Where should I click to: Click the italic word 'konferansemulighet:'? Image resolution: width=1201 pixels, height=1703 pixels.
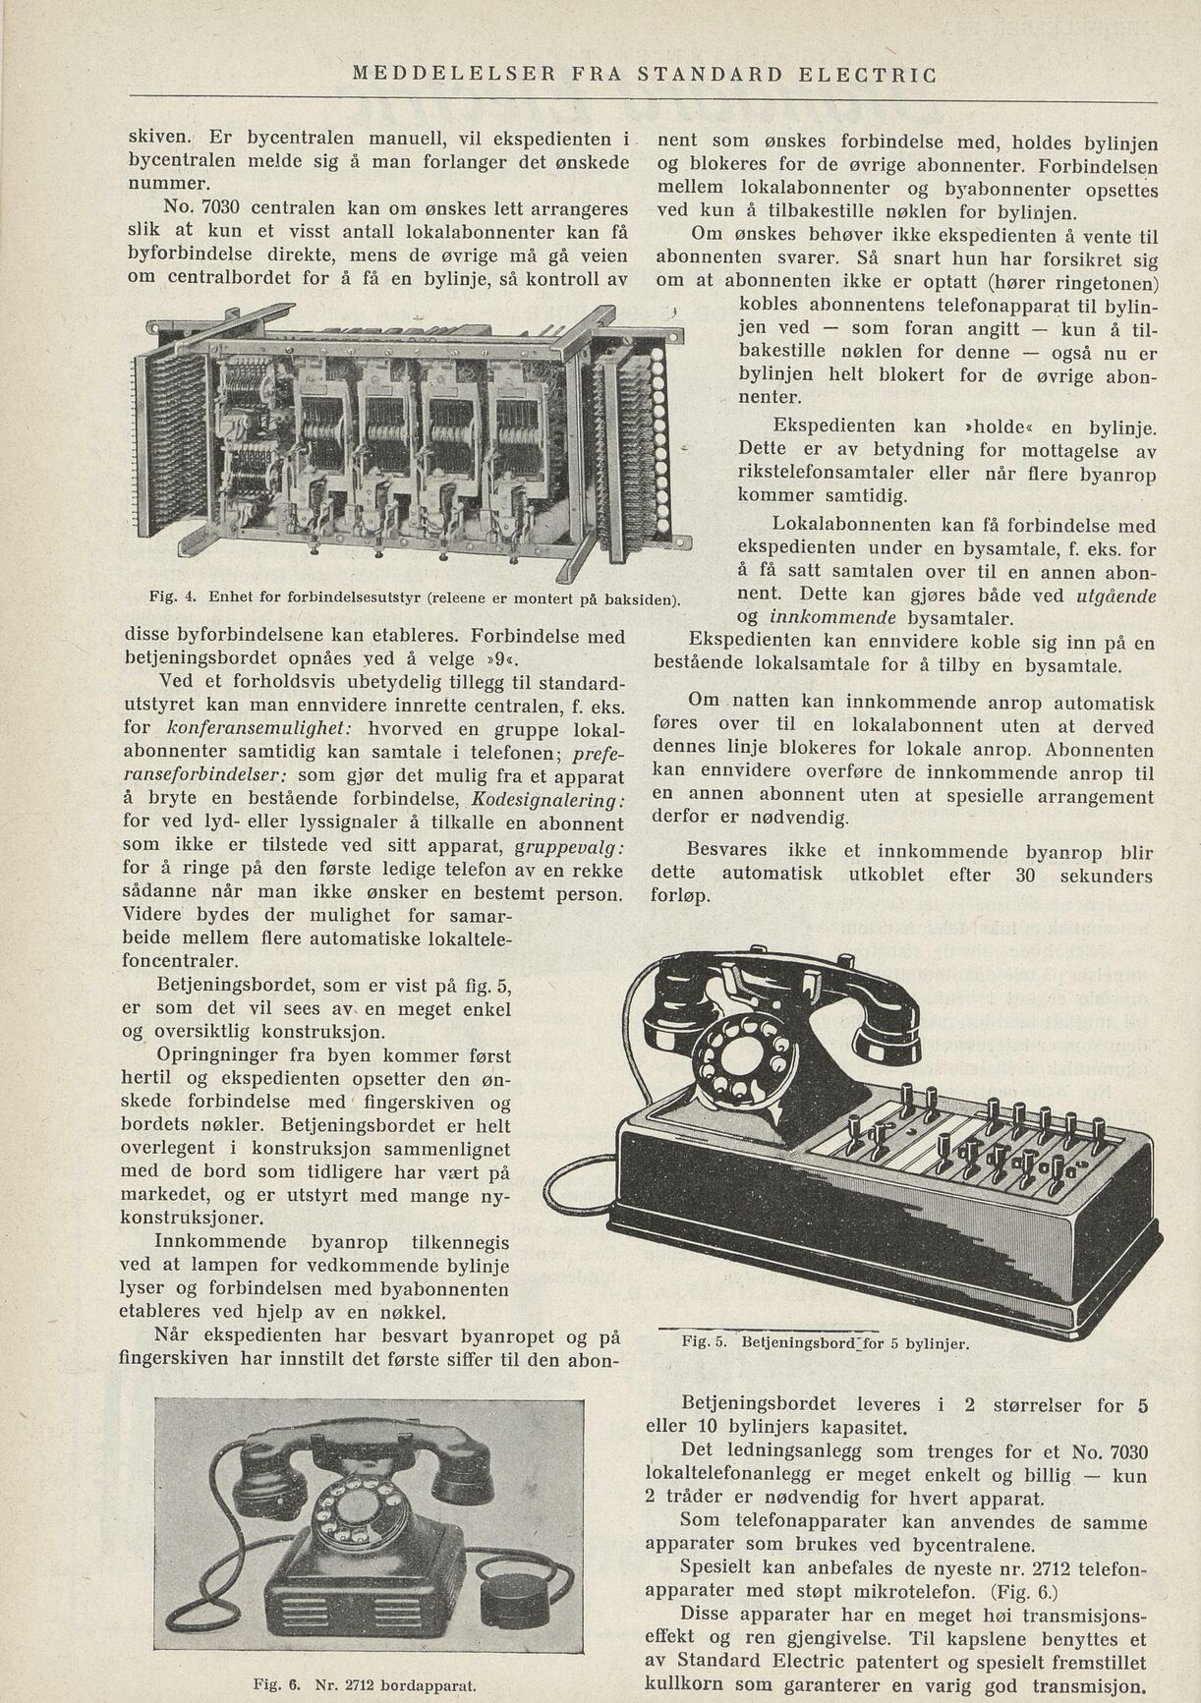252,730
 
